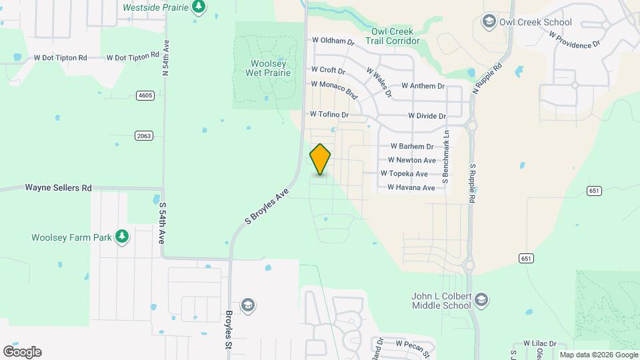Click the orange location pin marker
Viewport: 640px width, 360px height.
[x=320, y=159]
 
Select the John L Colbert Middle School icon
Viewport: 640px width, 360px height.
[x=483, y=301]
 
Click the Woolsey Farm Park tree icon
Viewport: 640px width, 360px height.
[x=122, y=237]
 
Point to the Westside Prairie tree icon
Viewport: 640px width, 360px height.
[x=198, y=7]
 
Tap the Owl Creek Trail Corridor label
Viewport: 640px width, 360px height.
[x=392, y=36]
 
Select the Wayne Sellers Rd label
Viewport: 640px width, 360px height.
[x=58, y=188]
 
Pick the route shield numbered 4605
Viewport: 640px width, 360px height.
[x=145, y=95]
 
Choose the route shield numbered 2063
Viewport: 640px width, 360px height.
[x=144, y=135]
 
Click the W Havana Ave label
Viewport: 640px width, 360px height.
[x=411, y=188]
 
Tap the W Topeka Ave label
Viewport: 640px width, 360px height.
[x=404, y=173]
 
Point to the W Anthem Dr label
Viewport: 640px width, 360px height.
[x=423, y=86]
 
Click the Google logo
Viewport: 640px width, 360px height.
[x=22, y=352]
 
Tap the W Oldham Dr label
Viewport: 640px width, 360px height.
[x=332, y=41]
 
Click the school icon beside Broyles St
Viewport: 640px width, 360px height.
[x=248, y=305]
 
